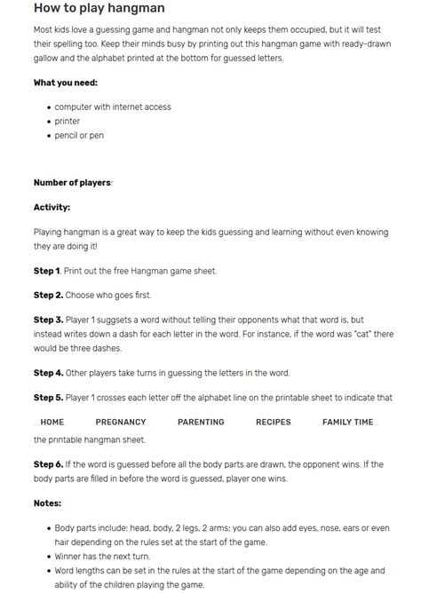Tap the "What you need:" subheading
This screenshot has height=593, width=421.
pyautogui.click(x=66, y=83)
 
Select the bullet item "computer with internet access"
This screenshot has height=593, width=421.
pyautogui.click(x=113, y=107)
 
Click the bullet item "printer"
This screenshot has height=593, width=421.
pyautogui.click(x=68, y=121)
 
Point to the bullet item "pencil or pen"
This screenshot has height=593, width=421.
pyautogui.click(x=79, y=135)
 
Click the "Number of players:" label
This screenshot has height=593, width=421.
pyautogui.click(x=73, y=182)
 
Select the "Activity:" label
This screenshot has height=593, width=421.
pyautogui.click(x=52, y=207)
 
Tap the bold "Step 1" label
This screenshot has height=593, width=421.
pyautogui.click(x=47, y=270)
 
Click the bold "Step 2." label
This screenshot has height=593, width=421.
pyautogui.click(x=48, y=295)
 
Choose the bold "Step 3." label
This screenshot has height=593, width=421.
pyautogui.click(x=48, y=319)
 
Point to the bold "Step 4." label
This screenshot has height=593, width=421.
pyautogui.click(x=48, y=373)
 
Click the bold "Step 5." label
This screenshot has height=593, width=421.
pyautogui.click(x=48, y=398)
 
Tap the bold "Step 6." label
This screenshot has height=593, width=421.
pyautogui.click(x=48, y=464)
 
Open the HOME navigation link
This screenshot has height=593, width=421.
pyautogui.click(x=52, y=422)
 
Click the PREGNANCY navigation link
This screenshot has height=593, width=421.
pyautogui.click(x=121, y=422)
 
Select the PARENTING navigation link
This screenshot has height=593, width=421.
pyautogui.click(x=201, y=422)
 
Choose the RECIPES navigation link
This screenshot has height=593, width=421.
pyautogui.click(x=273, y=422)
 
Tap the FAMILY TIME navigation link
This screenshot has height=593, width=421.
pyautogui.click(x=347, y=422)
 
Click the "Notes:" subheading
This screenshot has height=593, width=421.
pyautogui.click(x=47, y=503)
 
